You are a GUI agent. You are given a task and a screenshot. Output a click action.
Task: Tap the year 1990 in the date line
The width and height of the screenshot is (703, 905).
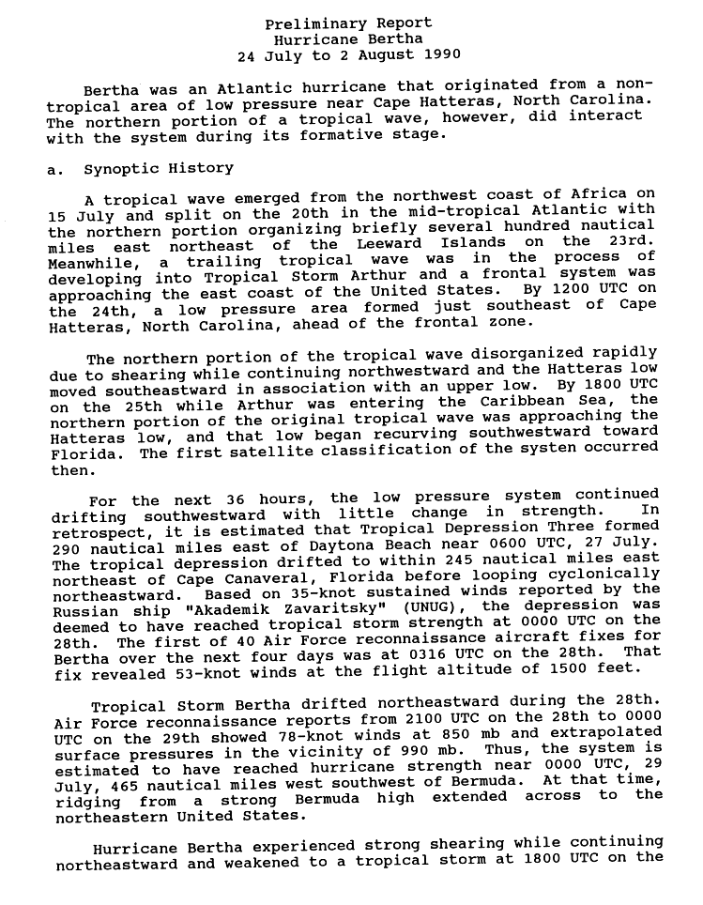pos(414,55)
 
